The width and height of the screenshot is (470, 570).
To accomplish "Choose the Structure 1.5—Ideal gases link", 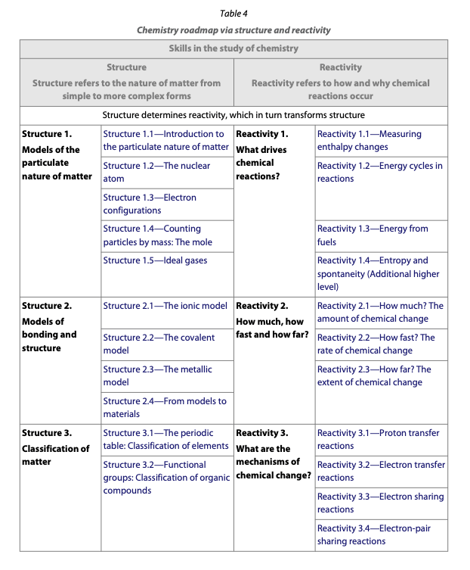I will (155, 260).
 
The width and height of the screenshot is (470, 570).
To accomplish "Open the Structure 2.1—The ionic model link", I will (165, 306).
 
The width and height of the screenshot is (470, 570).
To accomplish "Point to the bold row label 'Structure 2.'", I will (47, 306).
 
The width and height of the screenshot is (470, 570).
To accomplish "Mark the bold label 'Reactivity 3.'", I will (262, 433).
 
